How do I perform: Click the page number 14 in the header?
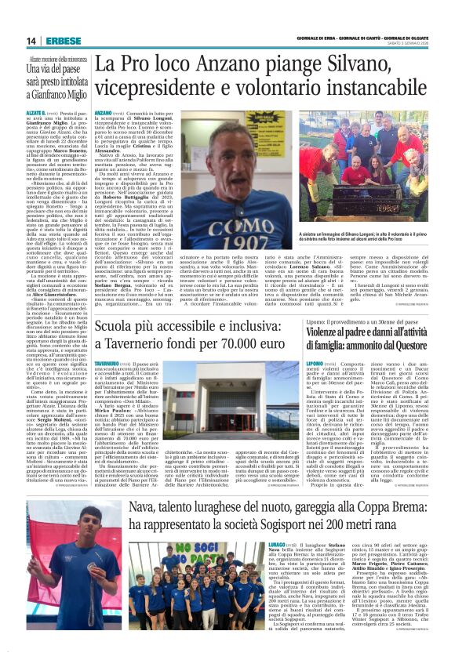32,41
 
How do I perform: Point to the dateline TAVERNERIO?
108,343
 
